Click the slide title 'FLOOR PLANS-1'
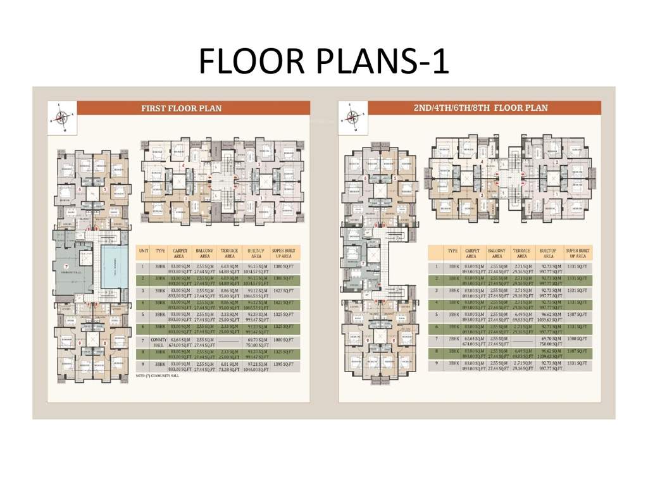(x=323, y=61)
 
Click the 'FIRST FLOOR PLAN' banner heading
(x=181, y=108)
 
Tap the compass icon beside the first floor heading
(x=61, y=116)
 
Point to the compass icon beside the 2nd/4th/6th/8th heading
(x=352, y=116)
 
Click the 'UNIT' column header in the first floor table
(x=144, y=251)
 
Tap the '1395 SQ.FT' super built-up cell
(x=283, y=366)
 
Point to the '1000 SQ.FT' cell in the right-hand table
(x=578, y=340)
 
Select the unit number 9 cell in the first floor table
(x=144, y=366)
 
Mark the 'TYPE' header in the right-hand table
(x=453, y=251)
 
